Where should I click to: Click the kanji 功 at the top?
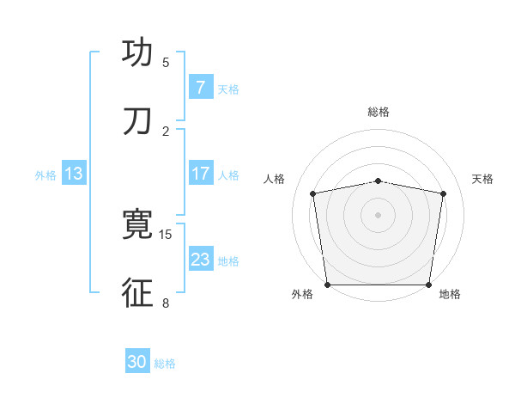pos(137,53)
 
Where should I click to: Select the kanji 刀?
pos(137,122)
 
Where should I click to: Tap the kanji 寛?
pos(137,225)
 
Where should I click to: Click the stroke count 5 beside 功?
pos(166,63)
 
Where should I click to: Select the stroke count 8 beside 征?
pos(166,303)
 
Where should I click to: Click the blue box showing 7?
pos(200,88)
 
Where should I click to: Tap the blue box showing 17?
pos(200,174)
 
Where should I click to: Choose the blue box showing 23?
pos(200,260)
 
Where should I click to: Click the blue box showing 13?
pos(74,174)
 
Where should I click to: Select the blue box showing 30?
pos(137,363)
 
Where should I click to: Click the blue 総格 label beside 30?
pos(165,364)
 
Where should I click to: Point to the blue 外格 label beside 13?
pos(45,174)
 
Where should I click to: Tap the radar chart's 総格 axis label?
pos(379,112)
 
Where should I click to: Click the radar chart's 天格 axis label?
pos(482,179)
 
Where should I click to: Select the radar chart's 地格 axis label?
pos(450,295)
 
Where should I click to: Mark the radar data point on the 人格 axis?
pos(313,193)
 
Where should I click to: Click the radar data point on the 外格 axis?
pos(327,285)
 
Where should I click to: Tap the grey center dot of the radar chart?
pos(379,214)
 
